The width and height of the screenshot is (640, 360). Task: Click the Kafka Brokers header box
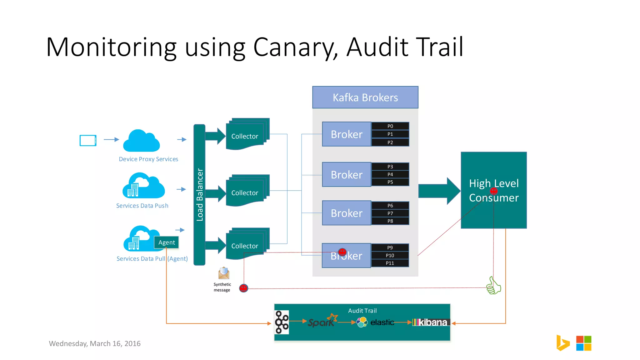pos(365,97)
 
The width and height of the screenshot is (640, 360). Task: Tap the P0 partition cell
pos(390,126)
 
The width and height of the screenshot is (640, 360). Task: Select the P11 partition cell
pos(390,263)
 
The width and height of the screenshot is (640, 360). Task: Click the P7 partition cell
pos(390,213)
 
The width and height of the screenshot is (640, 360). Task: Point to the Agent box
pos(166,242)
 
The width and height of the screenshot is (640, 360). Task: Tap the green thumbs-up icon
pos(493,286)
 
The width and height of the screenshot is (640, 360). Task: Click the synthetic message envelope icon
pos(224,273)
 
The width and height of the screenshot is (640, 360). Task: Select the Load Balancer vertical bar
pos(199,194)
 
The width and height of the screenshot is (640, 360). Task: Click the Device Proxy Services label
pos(148,159)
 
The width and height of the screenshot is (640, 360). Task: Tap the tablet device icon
pos(88,140)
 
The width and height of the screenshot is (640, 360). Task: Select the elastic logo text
pos(382,322)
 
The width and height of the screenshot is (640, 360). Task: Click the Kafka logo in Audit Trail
pos(282,322)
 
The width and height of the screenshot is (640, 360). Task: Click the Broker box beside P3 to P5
pos(347,175)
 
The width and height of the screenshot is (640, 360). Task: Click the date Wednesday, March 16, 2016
pos(95,343)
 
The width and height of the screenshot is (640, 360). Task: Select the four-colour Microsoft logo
pos(583,343)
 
